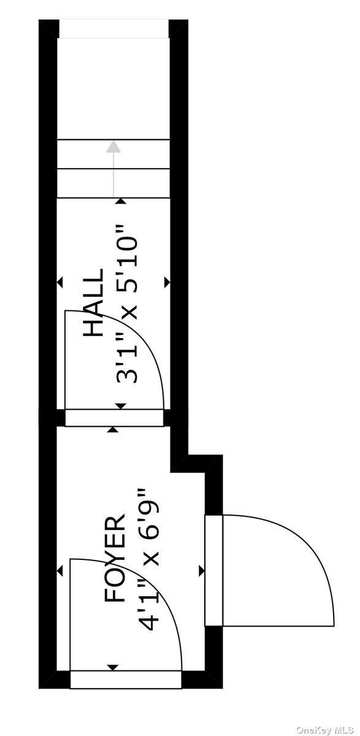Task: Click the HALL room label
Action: coord(94,302)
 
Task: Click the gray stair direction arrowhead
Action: coord(113,147)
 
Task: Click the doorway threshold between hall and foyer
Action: coord(114,418)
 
